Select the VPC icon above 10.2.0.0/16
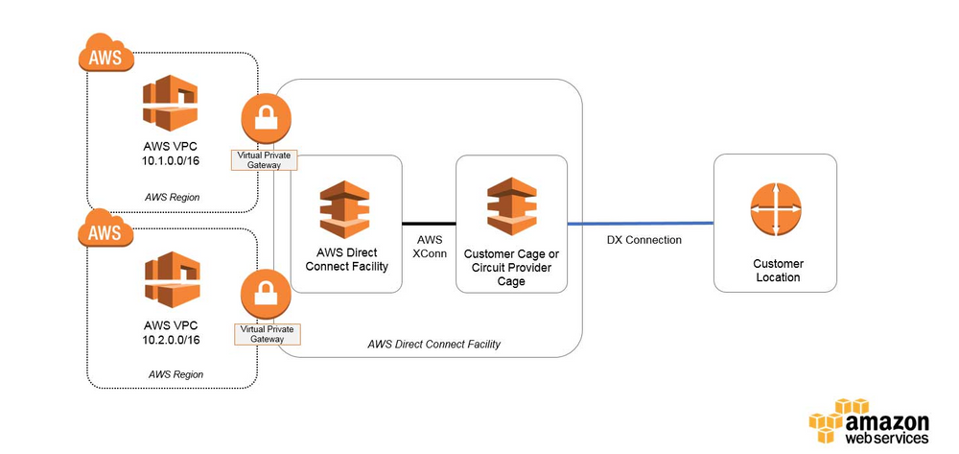pos(170,279)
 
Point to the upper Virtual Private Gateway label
pos(266,159)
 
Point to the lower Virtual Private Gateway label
pos(266,333)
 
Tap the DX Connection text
pos(644,240)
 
